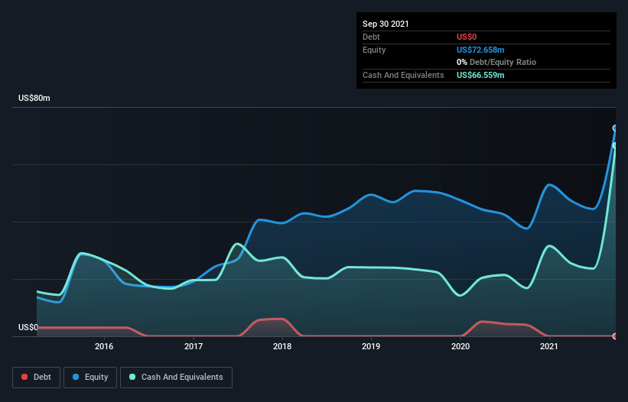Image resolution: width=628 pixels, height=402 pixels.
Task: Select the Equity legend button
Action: pyautogui.click(x=90, y=377)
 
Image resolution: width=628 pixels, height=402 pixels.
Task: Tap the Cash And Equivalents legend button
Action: pyautogui.click(x=176, y=377)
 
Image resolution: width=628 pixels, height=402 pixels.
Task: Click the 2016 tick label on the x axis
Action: pyautogui.click(x=105, y=346)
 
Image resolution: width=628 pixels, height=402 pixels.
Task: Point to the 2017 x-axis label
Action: pyautogui.click(x=194, y=346)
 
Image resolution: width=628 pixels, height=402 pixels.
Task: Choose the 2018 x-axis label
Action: pyautogui.click(x=282, y=346)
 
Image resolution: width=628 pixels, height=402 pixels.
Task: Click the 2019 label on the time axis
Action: pyautogui.click(x=371, y=346)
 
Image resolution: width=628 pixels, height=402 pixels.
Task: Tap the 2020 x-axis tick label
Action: pyautogui.click(x=460, y=346)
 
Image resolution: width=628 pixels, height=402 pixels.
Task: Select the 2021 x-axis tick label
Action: pyautogui.click(x=548, y=346)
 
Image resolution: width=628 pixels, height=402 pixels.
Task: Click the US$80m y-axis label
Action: pyautogui.click(x=34, y=99)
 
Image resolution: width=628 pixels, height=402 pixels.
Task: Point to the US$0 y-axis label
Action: pyautogui.click(x=28, y=327)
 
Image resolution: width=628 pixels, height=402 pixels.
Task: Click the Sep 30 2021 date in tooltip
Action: pyautogui.click(x=386, y=24)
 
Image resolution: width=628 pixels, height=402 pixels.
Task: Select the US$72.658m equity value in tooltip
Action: pyautogui.click(x=480, y=50)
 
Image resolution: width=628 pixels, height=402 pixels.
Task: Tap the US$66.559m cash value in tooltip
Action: pyautogui.click(x=480, y=75)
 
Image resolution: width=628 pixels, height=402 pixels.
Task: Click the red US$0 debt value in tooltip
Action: pyautogui.click(x=467, y=37)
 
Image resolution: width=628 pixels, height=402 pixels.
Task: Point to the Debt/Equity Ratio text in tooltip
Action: pyautogui.click(x=501, y=62)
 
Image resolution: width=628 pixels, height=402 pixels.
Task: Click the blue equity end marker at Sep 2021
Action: pyautogui.click(x=615, y=128)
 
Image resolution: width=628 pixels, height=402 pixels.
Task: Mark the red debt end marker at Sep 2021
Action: pyautogui.click(x=615, y=336)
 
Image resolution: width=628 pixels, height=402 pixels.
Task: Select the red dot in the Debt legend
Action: pyautogui.click(x=24, y=377)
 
